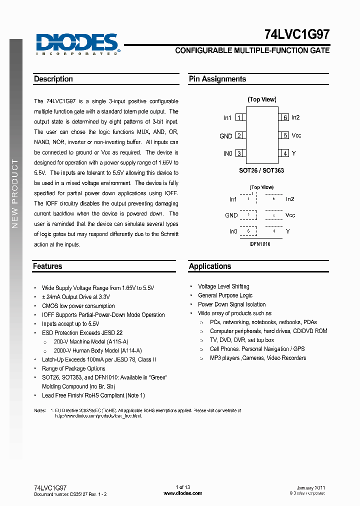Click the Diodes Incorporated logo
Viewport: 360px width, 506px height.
[77, 43]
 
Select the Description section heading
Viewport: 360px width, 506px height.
[53, 79]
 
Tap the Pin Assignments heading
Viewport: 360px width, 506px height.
[217, 79]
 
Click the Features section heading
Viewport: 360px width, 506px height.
[47, 266]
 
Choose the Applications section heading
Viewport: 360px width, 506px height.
[210, 266]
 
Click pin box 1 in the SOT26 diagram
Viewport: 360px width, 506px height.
[239, 117]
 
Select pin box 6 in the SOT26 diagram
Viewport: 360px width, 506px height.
[284, 117]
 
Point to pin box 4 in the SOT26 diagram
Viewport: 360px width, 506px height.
[284, 153]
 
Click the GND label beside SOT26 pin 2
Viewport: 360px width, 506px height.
[225, 136]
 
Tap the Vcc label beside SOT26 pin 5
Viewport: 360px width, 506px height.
[296, 135]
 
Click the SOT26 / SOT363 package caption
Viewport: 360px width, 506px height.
[261, 170]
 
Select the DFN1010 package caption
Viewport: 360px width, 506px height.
[260, 243]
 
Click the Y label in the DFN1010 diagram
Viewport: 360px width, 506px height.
[288, 231]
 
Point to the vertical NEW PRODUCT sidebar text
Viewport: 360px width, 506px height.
[15, 193]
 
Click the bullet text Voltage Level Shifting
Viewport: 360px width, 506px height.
[223, 286]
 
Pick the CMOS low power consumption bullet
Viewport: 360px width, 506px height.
[78, 306]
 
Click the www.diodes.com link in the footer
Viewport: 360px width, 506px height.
[183, 493]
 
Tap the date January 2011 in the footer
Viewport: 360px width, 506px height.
[311, 487]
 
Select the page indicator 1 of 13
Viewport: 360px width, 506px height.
[183, 487]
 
